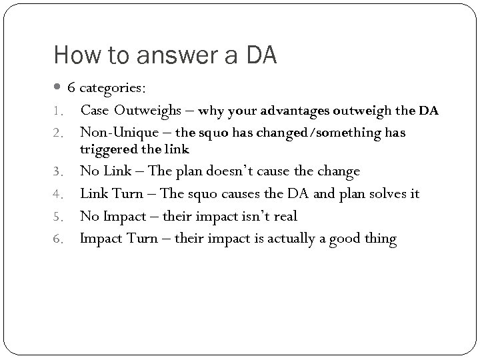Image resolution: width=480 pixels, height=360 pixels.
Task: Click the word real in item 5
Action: (x=283, y=216)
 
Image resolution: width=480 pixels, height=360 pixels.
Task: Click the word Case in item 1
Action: (x=95, y=110)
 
